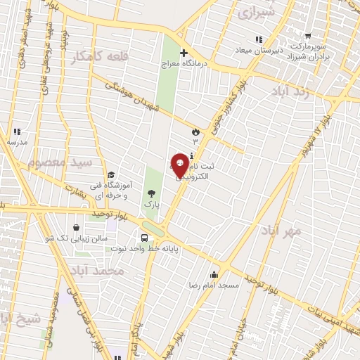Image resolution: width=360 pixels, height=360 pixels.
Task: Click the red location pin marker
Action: pyautogui.click(x=180, y=165)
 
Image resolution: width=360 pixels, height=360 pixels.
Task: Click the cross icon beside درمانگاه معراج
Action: pyautogui.click(x=184, y=53)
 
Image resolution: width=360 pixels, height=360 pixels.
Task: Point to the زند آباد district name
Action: pyautogui.click(x=283, y=91)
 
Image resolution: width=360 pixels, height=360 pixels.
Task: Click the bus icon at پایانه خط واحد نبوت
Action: pyautogui.click(x=145, y=238)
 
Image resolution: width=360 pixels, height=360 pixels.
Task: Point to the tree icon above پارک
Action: pyautogui.click(x=150, y=193)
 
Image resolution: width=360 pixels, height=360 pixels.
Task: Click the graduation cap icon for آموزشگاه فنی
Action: pyautogui.click(x=111, y=175)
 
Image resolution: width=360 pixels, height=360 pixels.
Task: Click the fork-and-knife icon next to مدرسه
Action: pyautogui.click(x=17, y=131)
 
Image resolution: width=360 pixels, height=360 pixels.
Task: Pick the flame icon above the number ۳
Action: pyautogui.click(x=195, y=131)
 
